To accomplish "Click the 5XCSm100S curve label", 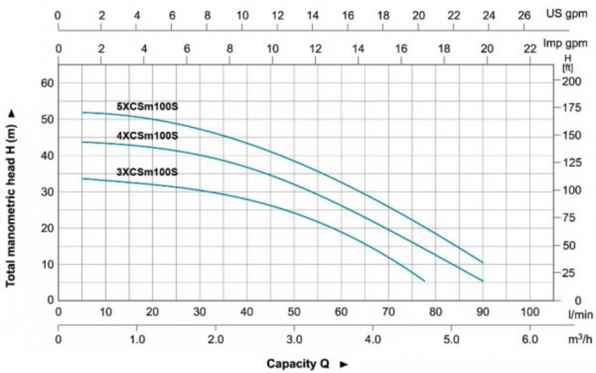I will pos(147,107).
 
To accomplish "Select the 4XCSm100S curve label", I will pos(147,136).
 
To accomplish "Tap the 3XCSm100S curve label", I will pos(147,172).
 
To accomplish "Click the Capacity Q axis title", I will pos(298,363).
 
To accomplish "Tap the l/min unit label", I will pos(580,315).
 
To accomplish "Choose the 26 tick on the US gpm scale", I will pos(524,15).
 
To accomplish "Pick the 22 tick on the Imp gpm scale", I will pos(530,48).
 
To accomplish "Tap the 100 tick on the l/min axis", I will pos(530,311).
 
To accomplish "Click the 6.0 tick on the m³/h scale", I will pos(530,340).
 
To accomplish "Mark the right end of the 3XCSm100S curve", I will pos(424,281).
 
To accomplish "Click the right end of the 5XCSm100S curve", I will pos(483,263).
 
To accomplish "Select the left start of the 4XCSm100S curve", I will pos(82,142).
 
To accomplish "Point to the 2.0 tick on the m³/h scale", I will pos(215,340).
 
